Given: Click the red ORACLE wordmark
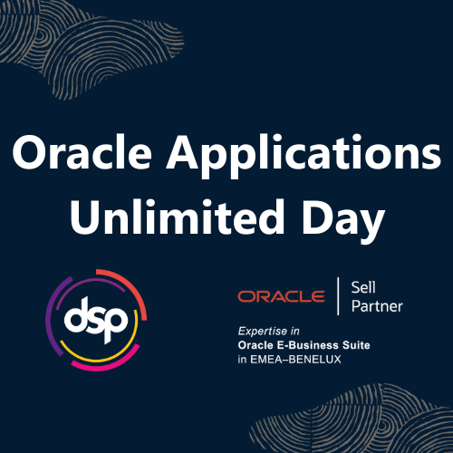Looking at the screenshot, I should pyautogui.click(x=281, y=296).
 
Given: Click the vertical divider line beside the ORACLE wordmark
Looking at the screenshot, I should pyautogui.click(x=337, y=296).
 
